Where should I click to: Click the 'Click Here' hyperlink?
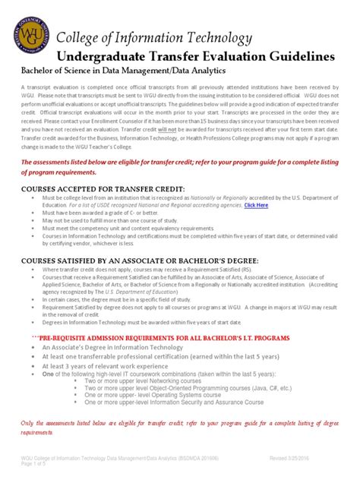pos(255,204)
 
